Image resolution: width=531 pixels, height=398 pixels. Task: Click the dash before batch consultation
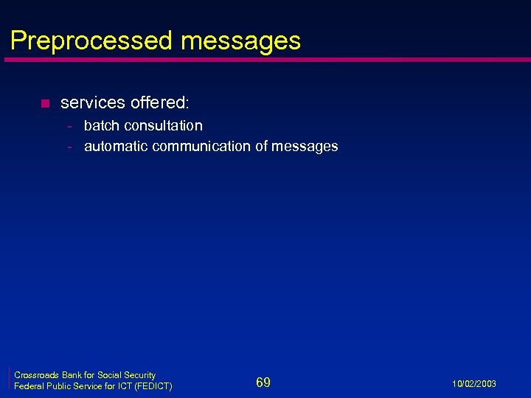point(70,126)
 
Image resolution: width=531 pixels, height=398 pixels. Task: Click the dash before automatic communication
point(70,147)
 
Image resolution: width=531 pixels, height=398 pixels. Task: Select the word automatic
point(116,146)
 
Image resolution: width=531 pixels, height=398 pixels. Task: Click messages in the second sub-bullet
point(305,146)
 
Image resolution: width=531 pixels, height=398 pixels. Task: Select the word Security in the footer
point(139,375)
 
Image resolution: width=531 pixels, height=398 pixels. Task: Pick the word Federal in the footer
point(29,386)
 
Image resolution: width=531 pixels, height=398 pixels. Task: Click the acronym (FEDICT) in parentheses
point(152,386)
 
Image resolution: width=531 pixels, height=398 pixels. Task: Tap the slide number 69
point(263,382)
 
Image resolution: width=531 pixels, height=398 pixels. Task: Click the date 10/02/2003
point(475,384)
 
